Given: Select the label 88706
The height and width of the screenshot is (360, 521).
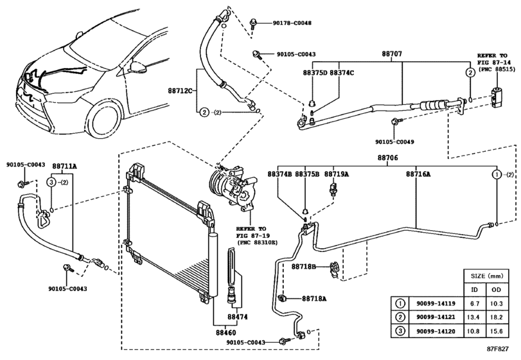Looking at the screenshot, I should click(387, 157).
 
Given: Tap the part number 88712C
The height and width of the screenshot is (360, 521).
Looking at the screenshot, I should click(181, 91).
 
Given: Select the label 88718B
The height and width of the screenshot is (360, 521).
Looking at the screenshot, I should click(304, 265).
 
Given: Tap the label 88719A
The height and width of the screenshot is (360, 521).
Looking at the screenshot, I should click(336, 174).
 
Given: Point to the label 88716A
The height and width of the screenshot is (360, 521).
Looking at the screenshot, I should click(418, 174).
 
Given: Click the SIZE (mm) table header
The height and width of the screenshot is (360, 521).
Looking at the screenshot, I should click(486, 273).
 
